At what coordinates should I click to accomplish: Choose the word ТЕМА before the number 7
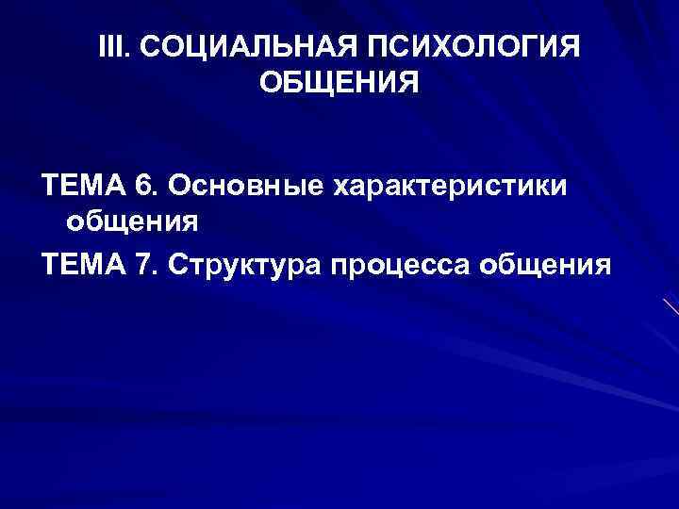coord(84,264)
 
